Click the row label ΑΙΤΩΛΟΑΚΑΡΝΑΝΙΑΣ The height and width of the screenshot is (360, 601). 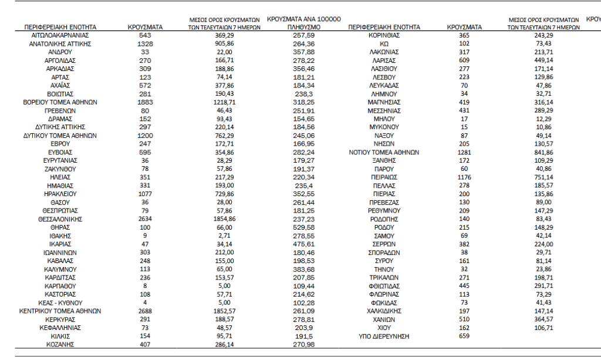point(60,36)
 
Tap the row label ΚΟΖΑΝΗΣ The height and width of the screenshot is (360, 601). point(60,344)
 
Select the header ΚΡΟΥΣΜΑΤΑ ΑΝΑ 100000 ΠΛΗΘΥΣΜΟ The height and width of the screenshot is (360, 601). point(303,23)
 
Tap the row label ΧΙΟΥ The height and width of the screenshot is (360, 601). point(384,328)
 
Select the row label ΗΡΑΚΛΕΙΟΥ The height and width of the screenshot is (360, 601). point(60,193)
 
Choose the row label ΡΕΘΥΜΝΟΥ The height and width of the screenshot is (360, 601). point(384,210)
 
